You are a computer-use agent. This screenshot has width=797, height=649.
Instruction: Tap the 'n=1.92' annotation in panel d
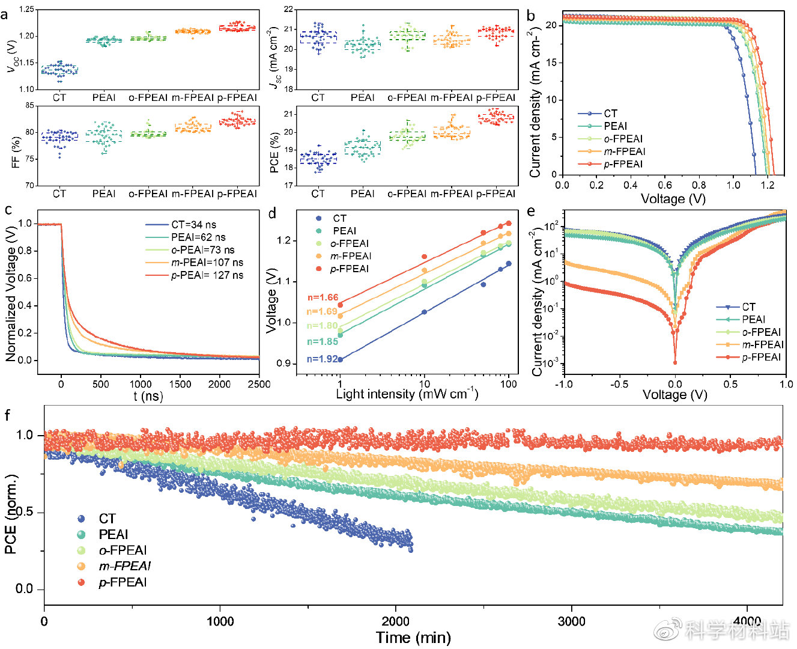[323, 359]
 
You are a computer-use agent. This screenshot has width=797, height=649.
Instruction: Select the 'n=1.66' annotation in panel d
[323, 297]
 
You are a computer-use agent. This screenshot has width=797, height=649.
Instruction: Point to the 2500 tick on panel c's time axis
[259, 385]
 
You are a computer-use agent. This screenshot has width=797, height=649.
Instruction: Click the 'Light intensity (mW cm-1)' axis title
[407, 394]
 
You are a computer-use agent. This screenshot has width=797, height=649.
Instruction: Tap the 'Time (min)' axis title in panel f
[413, 638]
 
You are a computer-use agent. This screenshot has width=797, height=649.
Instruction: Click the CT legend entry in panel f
[107, 519]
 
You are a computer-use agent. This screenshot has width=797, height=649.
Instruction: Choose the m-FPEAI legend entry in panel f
[124, 566]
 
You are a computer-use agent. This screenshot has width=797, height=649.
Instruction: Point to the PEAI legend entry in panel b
[615, 126]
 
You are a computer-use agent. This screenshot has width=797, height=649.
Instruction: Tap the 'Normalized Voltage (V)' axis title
[11, 293]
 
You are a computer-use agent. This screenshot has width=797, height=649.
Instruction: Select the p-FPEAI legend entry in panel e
[761, 357]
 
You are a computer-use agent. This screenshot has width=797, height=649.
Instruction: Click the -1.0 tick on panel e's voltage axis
[563, 384]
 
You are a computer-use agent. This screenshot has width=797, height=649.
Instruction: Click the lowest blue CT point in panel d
[341, 359]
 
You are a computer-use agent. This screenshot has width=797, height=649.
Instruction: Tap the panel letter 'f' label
[7, 415]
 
